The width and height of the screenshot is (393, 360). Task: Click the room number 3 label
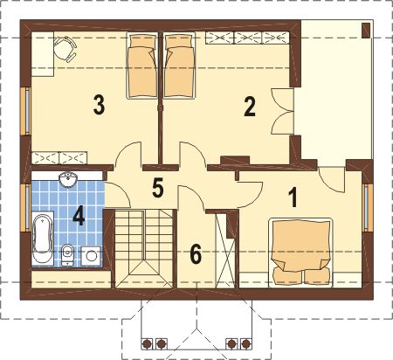click(99, 105)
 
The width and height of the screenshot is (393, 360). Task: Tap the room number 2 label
click(250, 107)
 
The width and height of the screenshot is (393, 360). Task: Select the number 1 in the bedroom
click(293, 197)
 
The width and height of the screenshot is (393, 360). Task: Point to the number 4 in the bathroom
click(79, 217)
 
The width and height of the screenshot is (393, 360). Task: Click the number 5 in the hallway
click(158, 188)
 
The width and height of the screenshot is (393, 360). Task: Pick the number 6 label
click(196, 254)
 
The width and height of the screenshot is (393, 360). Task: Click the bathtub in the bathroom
click(43, 239)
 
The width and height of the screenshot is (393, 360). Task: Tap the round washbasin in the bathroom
click(68, 180)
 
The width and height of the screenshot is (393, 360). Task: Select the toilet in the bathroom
click(68, 254)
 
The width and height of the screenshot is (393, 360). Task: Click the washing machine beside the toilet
click(91, 256)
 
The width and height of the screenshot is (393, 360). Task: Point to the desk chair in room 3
click(65, 49)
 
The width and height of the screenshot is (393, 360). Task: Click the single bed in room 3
click(141, 66)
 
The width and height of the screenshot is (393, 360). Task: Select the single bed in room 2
click(179, 66)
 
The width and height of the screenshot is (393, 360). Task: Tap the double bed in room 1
click(300, 253)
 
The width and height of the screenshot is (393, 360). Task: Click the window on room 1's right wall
click(368, 207)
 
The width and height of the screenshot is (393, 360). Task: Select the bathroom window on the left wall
click(25, 208)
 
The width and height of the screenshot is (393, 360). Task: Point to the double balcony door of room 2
click(282, 112)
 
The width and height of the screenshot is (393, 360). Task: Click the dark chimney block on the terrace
click(366, 30)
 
